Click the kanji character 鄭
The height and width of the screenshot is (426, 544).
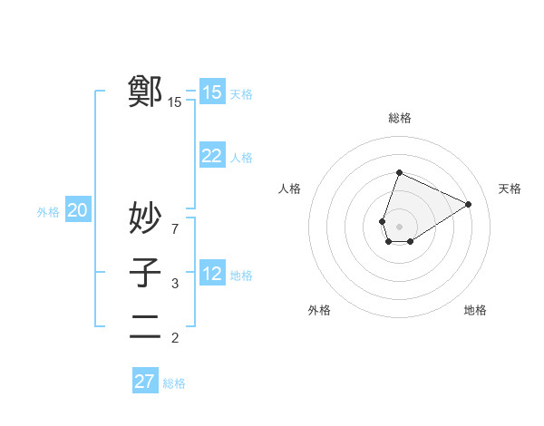coord(145,92)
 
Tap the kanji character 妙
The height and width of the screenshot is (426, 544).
coord(145,218)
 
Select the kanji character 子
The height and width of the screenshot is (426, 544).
coord(145,273)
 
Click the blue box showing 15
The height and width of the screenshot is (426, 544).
coord(211,92)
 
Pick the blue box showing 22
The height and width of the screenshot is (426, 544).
coord(211,156)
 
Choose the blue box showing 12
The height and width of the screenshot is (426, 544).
coord(211,274)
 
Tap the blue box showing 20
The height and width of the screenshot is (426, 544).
coord(77,211)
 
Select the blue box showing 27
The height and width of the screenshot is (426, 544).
coord(145,381)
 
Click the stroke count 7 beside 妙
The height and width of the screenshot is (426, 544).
coord(175,228)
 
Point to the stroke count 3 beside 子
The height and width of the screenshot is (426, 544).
coord(175,284)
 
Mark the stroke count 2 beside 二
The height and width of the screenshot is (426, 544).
coord(175,338)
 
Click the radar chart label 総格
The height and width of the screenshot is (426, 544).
coord(399,118)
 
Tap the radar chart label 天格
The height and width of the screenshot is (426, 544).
coord(510,189)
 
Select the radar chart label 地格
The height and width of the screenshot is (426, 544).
coord(475,310)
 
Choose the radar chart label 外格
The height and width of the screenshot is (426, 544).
coord(319,310)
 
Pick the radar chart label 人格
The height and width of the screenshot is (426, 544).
coord(289,189)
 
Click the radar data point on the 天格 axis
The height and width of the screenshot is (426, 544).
coord(469,204)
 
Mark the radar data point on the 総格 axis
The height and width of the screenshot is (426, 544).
coord(399,173)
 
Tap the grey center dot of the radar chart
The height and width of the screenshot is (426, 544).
coord(399,227)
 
